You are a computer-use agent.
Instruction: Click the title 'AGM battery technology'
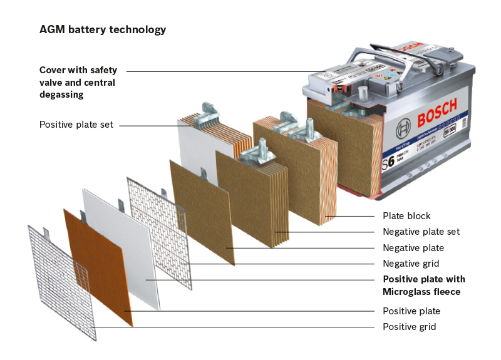click(x=103, y=29)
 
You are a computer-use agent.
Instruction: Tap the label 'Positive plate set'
click(x=76, y=125)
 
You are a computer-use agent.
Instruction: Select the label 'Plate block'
click(x=406, y=216)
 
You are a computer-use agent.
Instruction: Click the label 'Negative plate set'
click(x=421, y=232)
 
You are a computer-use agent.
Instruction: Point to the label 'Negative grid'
click(x=411, y=264)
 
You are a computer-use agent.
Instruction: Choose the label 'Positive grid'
click(x=409, y=327)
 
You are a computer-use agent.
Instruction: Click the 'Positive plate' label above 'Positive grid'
click(x=411, y=311)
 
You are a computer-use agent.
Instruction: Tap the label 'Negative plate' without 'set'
click(x=413, y=248)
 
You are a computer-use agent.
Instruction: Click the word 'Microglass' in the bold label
click(x=408, y=292)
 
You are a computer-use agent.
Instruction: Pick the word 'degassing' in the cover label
click(x=61, y=95)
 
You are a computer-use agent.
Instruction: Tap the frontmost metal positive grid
click(x=59, y=282)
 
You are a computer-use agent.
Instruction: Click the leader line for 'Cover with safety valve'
click(x=225, y=71)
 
